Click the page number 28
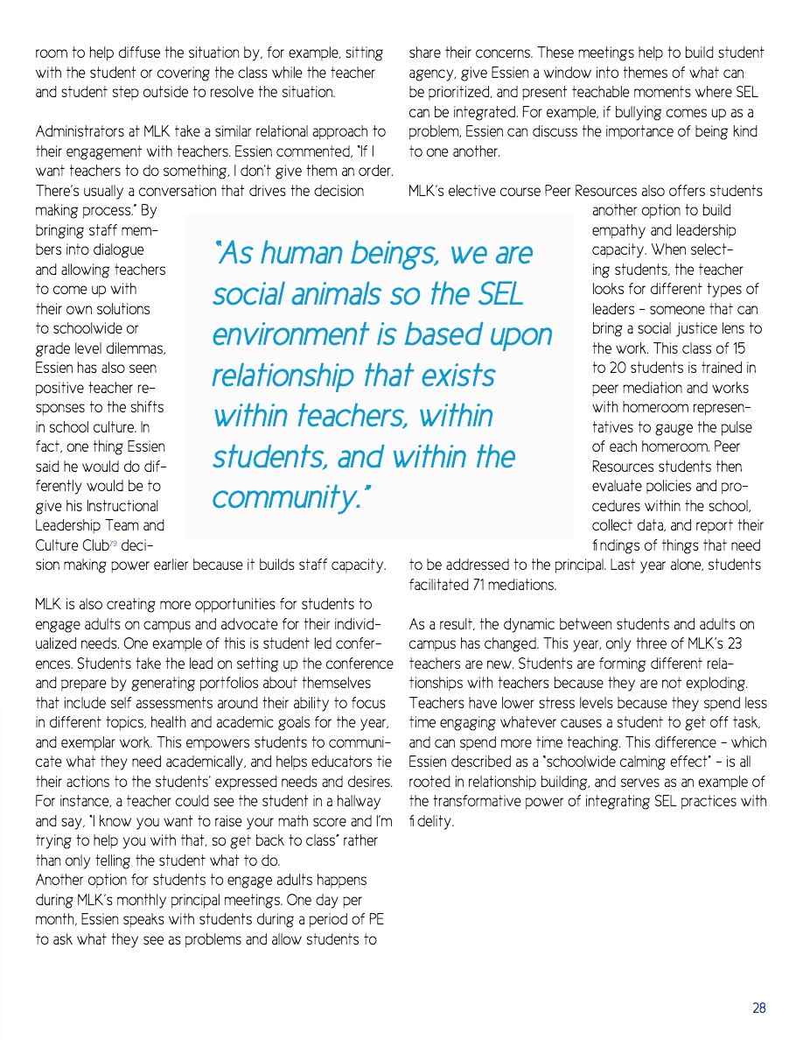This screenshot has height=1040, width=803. pos(758,1008)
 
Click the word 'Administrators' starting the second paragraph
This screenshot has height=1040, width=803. pos(78,131)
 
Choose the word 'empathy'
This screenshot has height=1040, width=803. pos(617,230)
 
